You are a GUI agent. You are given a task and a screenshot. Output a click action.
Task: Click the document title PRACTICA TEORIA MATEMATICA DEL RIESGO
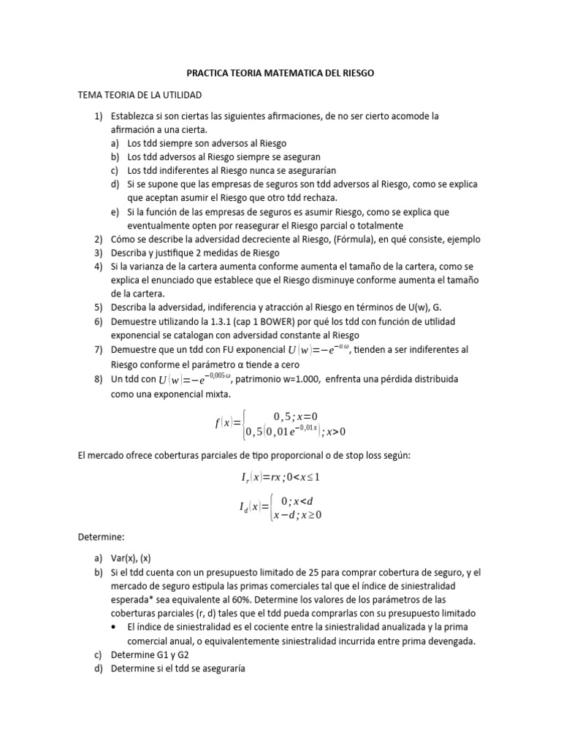click(x=280, y=75)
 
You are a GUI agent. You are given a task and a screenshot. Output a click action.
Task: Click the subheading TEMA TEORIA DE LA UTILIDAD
click(x=139, y=96)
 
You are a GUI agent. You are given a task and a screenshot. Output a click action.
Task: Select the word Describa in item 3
click(x=129, y=253)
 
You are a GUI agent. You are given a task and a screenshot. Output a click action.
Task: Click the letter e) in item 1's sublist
click(x=115, y=212)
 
